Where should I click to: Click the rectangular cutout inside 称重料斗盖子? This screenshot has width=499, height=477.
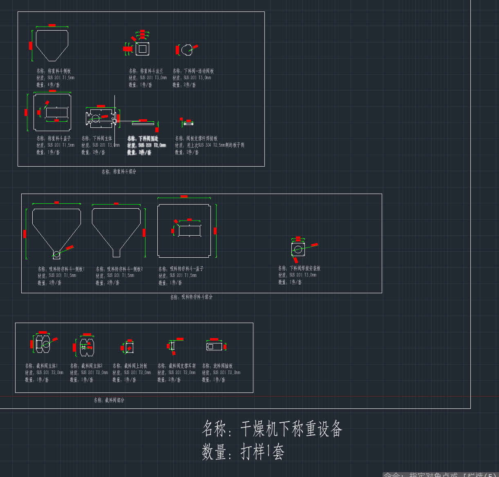click(57, 112)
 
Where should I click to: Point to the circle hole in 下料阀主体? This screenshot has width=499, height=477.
click(96, 118)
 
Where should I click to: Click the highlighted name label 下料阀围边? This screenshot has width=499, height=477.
click(143, 138)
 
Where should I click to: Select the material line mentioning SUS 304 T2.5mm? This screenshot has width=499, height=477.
click(209, 145)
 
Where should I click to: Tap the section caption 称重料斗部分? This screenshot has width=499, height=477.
click(119, 172)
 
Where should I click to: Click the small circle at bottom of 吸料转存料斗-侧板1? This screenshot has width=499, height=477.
click(56, 255)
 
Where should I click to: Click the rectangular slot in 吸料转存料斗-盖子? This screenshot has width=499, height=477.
click(190, 231)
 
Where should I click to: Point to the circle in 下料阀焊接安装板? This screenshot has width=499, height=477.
click(298, 249)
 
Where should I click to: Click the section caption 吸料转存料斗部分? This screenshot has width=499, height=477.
click(191, 297)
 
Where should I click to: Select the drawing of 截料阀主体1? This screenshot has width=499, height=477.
click(43, 344)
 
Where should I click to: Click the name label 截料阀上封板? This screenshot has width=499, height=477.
click(130, 366)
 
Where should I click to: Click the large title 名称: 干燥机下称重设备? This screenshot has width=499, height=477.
click(272, 429)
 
